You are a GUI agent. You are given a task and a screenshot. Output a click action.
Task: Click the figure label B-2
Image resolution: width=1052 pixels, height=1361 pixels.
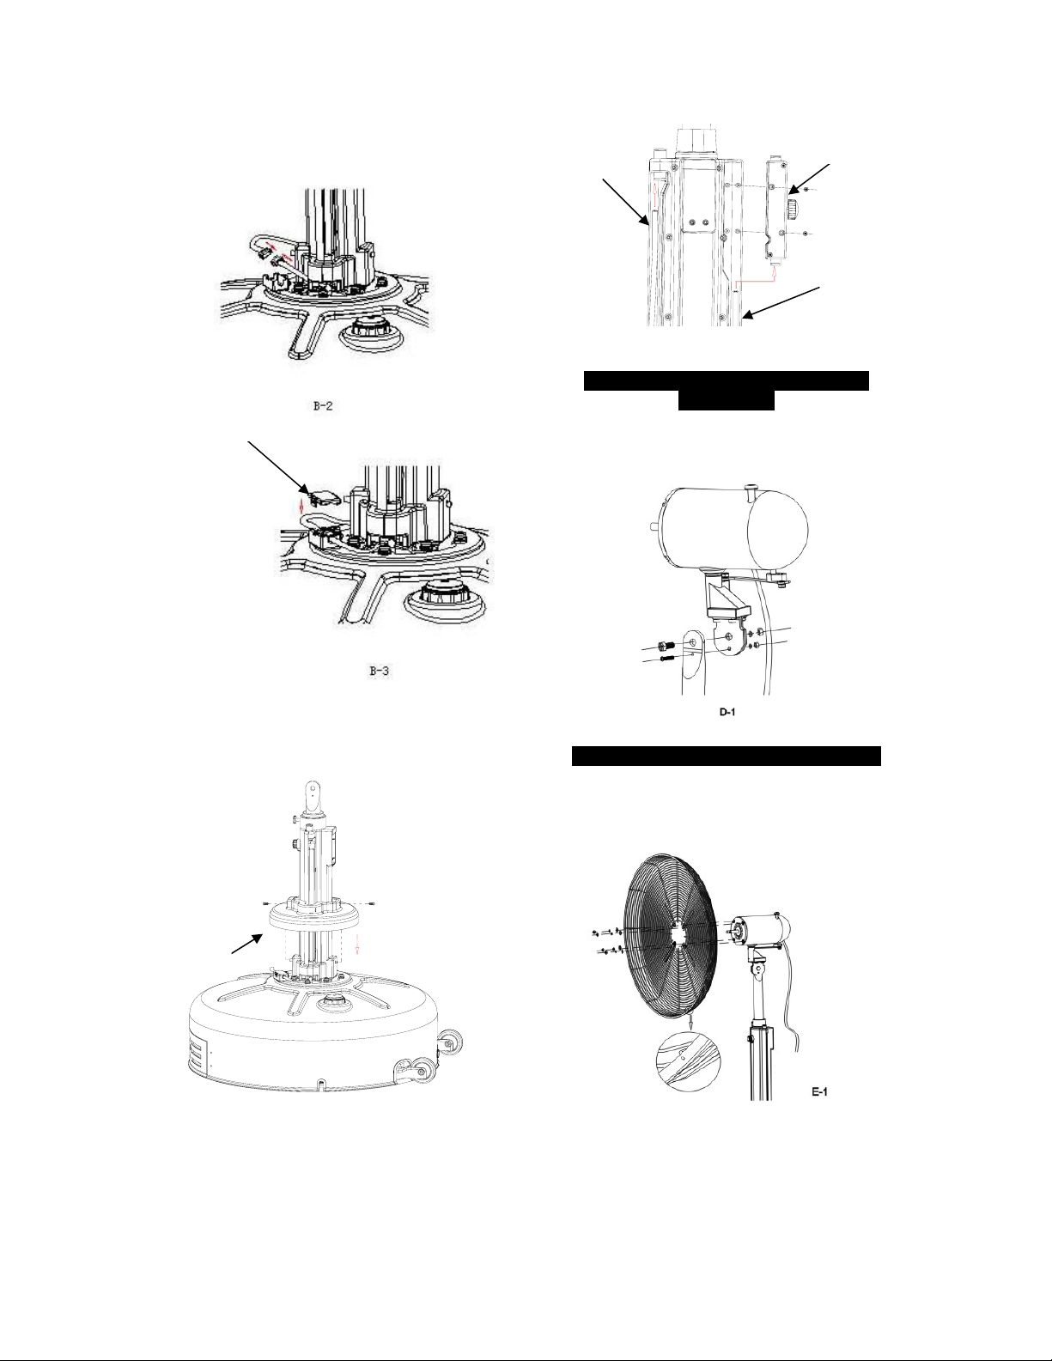click(323, 406)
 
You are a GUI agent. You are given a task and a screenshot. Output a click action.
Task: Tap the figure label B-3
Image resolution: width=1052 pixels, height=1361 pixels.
click(379, 671)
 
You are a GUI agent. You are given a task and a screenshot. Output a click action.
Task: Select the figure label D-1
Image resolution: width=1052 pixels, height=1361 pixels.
click(727, 712)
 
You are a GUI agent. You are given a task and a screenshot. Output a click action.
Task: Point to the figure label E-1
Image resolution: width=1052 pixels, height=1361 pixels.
click(819, 1091)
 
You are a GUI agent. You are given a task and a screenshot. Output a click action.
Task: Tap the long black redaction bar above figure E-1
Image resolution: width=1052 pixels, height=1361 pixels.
click(727, 756)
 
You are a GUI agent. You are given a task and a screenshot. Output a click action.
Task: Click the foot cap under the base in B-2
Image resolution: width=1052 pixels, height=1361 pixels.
click(368, 333)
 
